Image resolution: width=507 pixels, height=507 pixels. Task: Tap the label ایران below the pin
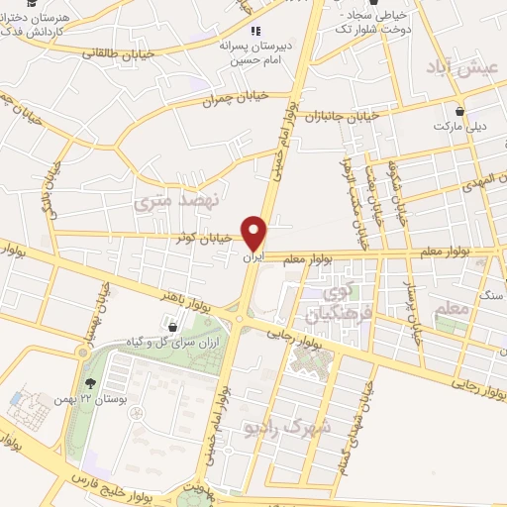point(253,258)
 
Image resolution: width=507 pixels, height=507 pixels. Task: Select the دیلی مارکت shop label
point(458,128)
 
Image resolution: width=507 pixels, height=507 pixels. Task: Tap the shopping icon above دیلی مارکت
point(459,112)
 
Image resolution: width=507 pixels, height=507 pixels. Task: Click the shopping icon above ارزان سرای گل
point(173,326)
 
